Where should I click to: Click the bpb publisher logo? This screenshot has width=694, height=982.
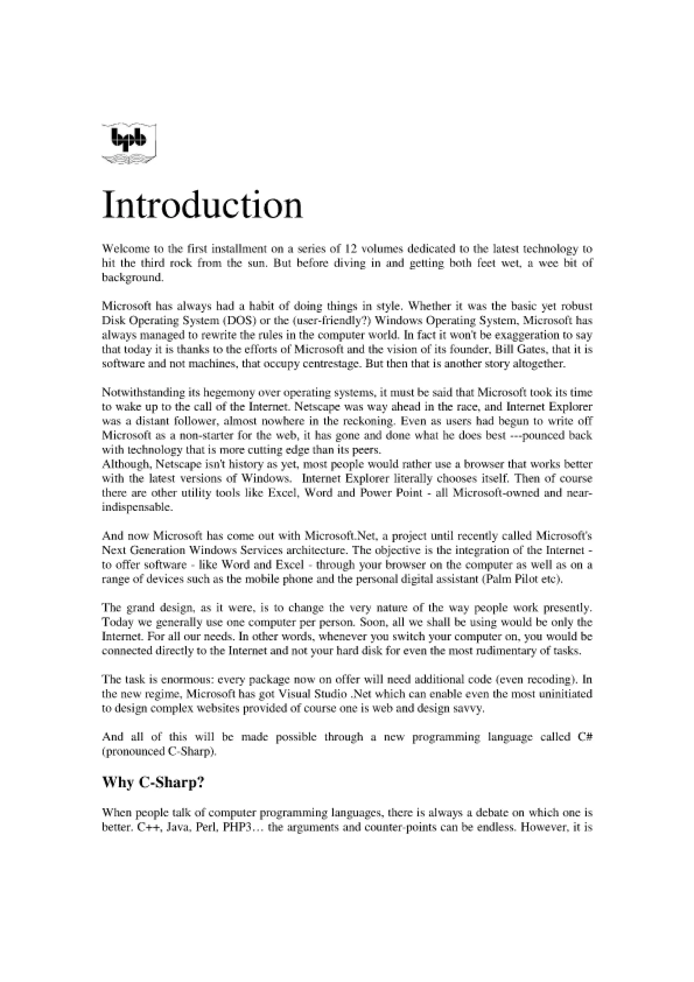pyautogui.click(x=129, y=143)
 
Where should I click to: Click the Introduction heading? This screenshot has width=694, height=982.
pyautogui.click(x=202, y=205)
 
